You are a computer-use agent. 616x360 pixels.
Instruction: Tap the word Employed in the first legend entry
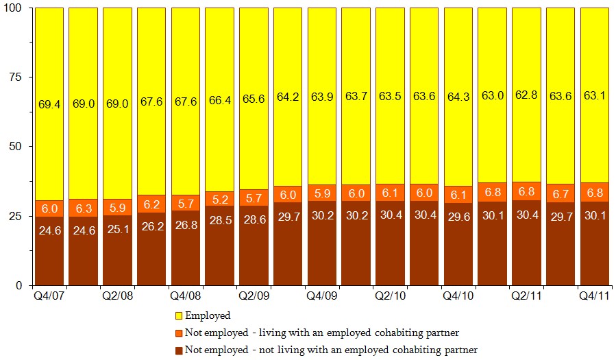tap(208, 316)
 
